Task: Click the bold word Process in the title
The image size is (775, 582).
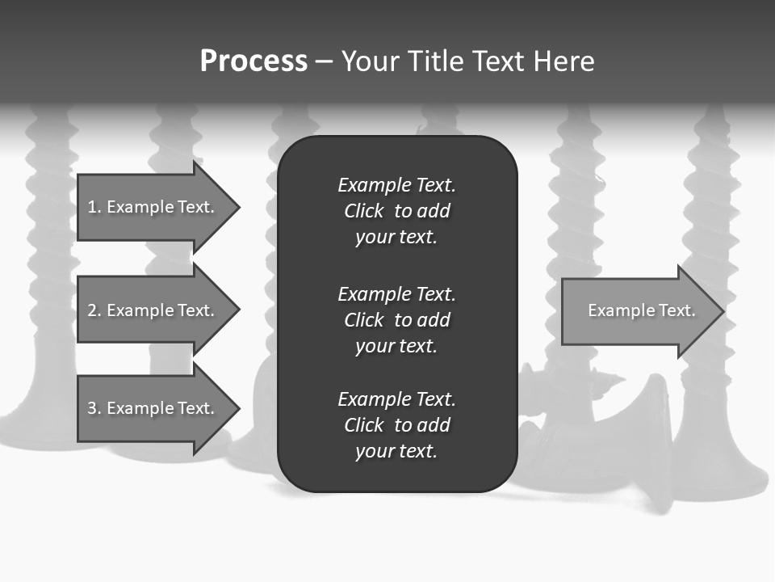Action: coord(253,61)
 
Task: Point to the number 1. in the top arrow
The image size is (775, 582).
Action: coord(94,207)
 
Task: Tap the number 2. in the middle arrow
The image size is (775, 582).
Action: coord(94,310)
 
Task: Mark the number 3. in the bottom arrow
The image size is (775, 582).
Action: coord(94,408)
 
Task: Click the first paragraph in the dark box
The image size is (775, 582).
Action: coord(396,211)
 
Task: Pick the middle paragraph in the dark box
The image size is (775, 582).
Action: coord(396,319)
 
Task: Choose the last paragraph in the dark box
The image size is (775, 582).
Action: coord(396,425)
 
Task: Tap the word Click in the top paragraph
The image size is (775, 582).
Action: coord(363,211)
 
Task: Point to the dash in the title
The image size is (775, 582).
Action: coord(324,61)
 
